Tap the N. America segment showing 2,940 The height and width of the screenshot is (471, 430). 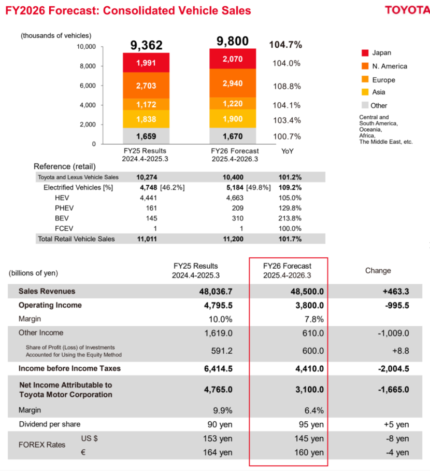tap(232, 83)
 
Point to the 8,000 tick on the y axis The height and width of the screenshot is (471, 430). tap(87, 66)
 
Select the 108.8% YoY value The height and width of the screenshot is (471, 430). tap(287, 86)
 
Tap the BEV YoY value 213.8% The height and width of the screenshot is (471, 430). tap(289, 218)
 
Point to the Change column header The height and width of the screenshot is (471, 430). tap(378, 270)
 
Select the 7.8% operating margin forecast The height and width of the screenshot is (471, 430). tap(313, 319)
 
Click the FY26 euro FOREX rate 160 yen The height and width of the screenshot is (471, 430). tap(309, 452)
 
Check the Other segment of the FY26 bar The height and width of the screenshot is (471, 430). tap(232, 136)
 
